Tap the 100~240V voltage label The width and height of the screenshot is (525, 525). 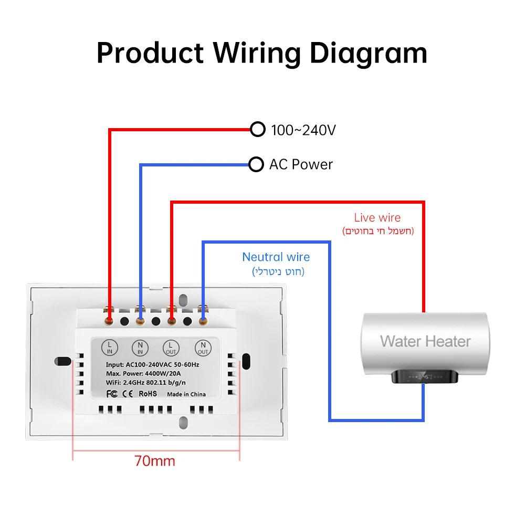(x=303, y=130)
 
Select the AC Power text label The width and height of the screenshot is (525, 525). (x=301, y=164)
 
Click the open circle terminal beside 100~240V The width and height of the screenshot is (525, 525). (x=257, y=129)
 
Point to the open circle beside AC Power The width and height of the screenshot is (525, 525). (x=256, y=164)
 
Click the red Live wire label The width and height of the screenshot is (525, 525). (x=377, y=218)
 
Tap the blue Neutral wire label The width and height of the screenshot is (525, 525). (x=276, y=257)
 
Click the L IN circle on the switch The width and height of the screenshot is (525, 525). (x=110, y=348)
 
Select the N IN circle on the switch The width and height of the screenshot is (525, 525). (x=140, y=348)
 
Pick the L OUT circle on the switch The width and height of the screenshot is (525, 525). (x=171, y=348)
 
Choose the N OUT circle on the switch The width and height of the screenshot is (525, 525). (x=203, y=348)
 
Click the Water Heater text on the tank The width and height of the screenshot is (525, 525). (x=425, y=341)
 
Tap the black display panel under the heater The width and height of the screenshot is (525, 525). (x=425, y=376)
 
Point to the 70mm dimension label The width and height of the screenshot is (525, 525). (x=155, y=461)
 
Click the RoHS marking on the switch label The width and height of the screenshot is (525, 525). (x=148, y=394)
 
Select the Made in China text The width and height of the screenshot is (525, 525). (x=186, y=394)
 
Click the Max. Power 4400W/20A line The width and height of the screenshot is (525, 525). (x=143, y=374)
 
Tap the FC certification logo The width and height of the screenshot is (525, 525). (x=112, y=394)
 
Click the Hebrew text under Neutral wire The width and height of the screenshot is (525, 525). (x=278, y=271)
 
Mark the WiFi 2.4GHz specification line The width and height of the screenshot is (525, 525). (x=145, y=383)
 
